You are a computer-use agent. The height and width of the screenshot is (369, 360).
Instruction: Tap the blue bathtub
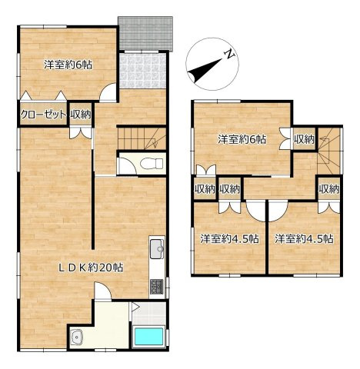pos(149,336)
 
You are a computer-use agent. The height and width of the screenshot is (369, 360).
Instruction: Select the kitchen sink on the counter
pos(157,248)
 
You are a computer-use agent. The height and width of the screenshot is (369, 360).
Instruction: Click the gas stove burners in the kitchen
pos(156,287)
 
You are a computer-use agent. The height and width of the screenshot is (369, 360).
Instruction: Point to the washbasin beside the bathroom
pos(77,336)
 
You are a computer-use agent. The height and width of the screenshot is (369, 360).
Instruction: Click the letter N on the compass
pos(229,54)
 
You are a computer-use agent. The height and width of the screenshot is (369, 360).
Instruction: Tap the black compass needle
pos(205,70)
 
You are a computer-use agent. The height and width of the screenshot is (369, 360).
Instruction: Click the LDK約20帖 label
pos(91,268)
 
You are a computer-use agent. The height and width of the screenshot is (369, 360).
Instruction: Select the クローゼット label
pos(42,115)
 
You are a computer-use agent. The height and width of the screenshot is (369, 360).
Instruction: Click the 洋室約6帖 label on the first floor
pos(68,65)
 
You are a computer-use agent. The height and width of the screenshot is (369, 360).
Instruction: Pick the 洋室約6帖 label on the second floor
pos(242,139)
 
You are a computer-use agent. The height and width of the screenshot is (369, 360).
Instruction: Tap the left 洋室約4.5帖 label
pos(229,239)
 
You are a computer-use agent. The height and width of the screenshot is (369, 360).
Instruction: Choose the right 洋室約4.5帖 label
pos(304,239)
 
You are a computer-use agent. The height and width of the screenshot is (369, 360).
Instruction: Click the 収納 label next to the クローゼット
pos(81,115)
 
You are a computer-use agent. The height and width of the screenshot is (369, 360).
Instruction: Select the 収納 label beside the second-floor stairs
pos(304,139)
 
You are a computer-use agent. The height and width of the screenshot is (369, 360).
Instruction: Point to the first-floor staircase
pos(142,138)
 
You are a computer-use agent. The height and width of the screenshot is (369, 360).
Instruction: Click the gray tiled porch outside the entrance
pos(145,34)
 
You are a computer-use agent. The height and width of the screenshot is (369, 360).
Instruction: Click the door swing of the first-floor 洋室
pos(108,91)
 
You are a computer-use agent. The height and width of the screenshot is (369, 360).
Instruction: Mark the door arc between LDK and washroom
pos(102,290)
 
